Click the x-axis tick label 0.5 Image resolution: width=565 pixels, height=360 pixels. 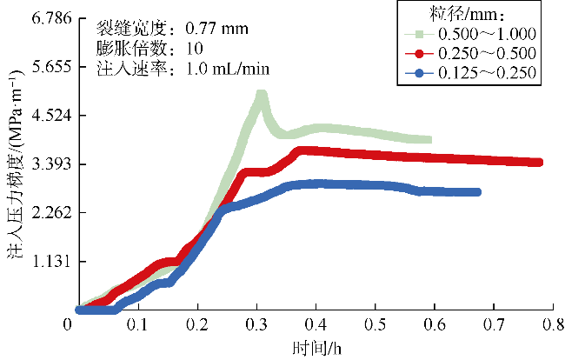click(x=376, y=324)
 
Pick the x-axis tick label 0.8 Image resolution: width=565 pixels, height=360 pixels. click(x=553, y=324)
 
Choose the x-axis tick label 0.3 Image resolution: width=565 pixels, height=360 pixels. click(x=257, y=324)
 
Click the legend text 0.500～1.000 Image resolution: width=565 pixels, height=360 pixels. click(x=486, y=34)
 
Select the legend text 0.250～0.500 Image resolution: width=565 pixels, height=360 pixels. click(x=486, y=54)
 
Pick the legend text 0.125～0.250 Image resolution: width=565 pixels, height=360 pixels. click(x=486, y=75)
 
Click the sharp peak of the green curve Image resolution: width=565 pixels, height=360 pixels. click(x=261, y=95)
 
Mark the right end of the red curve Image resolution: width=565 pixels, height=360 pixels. click(x=539, y=163)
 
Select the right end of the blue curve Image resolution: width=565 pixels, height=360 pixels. click(x=476, y=192)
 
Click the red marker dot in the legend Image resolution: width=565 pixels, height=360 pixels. click(x=422, y=54)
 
